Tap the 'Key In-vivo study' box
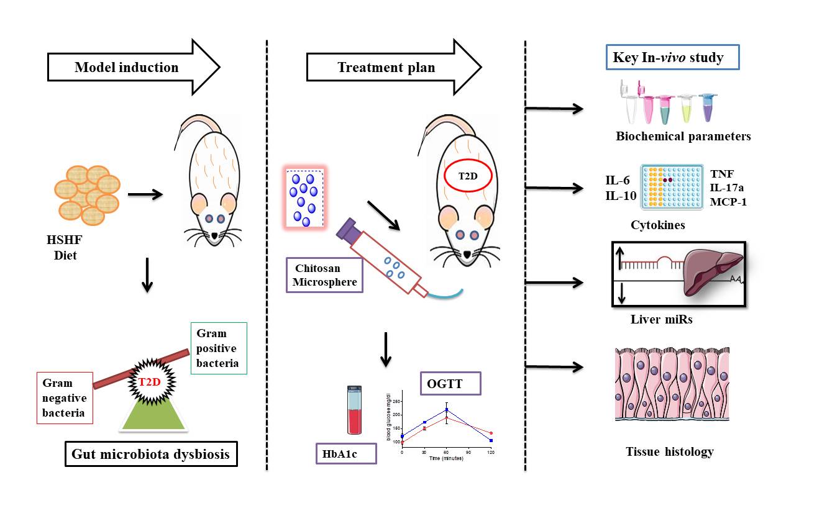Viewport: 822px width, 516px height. [672, 58]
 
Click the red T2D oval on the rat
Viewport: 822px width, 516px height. [468, 176]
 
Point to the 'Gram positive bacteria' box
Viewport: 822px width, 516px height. [219, 348]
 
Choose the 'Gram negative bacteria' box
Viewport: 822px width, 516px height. [65, 397]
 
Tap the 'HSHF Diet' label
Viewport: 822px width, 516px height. [65, 248]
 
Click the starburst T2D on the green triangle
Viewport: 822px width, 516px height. [149, 381]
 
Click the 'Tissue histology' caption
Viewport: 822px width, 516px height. [669, 451]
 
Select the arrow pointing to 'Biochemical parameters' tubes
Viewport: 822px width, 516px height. [554, 110]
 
